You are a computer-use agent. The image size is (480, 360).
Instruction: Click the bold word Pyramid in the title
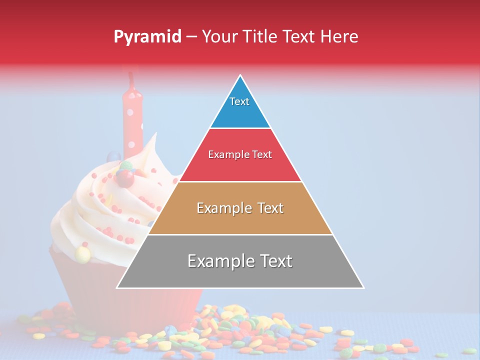point(147,37)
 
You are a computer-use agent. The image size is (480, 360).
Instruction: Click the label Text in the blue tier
point(239,101)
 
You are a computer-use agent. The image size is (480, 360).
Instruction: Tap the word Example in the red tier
point(224,155)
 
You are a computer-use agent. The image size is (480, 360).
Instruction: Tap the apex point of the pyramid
point(240,75)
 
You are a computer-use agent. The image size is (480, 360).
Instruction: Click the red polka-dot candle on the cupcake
point(132,120)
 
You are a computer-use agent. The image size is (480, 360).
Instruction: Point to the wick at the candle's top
point(131,77)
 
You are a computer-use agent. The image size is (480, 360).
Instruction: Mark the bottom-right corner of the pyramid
point(363,288)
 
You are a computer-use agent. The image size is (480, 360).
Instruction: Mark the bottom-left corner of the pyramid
point(117,288)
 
